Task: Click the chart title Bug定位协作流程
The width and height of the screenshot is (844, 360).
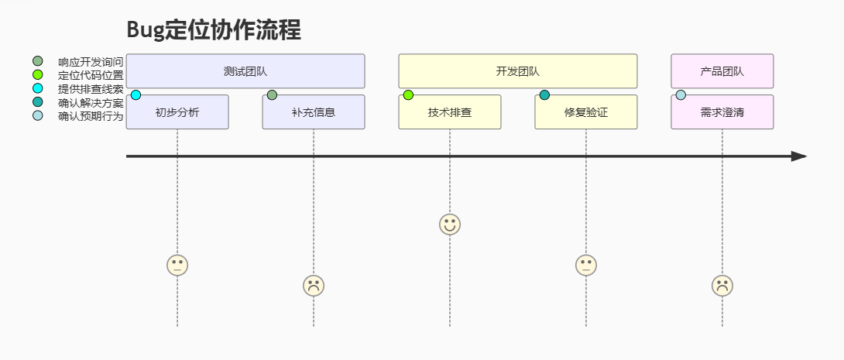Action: click(x=214, y=30)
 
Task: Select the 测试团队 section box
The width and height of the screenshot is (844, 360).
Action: click(x=245, y=71)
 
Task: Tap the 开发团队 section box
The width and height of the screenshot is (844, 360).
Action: click(x=517, y=71)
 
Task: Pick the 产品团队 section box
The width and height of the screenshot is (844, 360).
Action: click(x=722, y=71)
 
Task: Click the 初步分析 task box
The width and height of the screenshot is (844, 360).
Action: click(x=177, y=112)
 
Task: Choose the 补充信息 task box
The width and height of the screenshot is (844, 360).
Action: click(x=314, y=112)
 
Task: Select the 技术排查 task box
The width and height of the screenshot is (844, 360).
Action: click(x=450, y=112)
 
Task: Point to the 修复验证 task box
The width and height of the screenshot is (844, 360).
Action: click(x=586, y=112)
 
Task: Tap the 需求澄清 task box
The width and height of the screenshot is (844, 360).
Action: click(x=722, y=112)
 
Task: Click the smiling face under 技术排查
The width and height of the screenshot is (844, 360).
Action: click(x=450, y=225)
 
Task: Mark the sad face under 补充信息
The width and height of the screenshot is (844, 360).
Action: click(x=314, y=286)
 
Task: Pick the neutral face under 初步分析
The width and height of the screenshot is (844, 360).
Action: click(x=177, y=266)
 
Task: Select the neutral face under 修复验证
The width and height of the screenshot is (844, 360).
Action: click(x=586, y=266)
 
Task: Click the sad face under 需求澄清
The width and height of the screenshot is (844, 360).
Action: click(x=722, y=286)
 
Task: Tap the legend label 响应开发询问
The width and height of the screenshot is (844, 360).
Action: click(x=91, y=62)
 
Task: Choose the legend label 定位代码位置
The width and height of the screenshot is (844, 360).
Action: click(x=91, y=75)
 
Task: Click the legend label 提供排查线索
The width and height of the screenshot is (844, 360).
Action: click(x=91, y=89)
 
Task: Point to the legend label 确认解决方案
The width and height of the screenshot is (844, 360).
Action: click(x=91, y=103)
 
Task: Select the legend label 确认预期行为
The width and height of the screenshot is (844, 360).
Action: click(x=91, y=117)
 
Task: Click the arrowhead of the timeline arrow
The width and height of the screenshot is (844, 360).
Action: click(x=799, y=156)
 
